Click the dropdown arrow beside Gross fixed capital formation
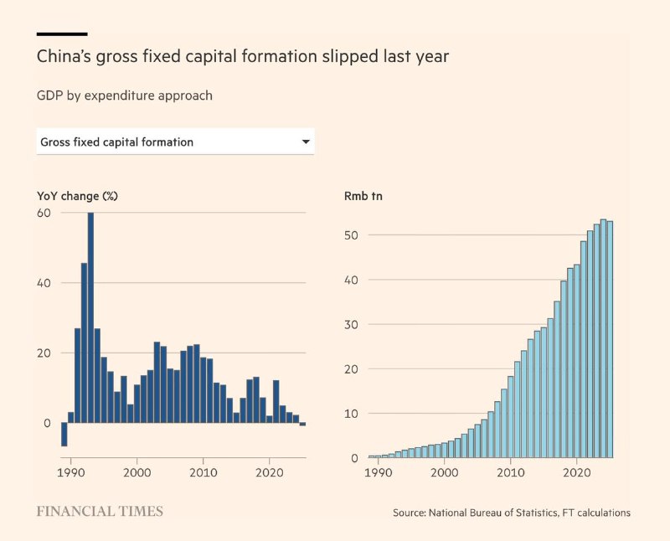306,142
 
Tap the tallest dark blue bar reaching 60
90,317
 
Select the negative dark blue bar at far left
64,434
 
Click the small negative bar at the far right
303,424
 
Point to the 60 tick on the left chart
44,213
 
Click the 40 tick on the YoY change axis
44,283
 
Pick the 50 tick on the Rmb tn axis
351,235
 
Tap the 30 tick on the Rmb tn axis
351,324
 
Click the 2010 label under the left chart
203,472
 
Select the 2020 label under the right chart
577,472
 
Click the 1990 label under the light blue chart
379,472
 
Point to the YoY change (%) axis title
77,196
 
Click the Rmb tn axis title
363,196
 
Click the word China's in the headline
64,56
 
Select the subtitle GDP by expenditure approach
124,95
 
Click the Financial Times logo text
100,511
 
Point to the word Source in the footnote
409,513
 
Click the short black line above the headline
62,33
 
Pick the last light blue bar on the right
610,339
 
